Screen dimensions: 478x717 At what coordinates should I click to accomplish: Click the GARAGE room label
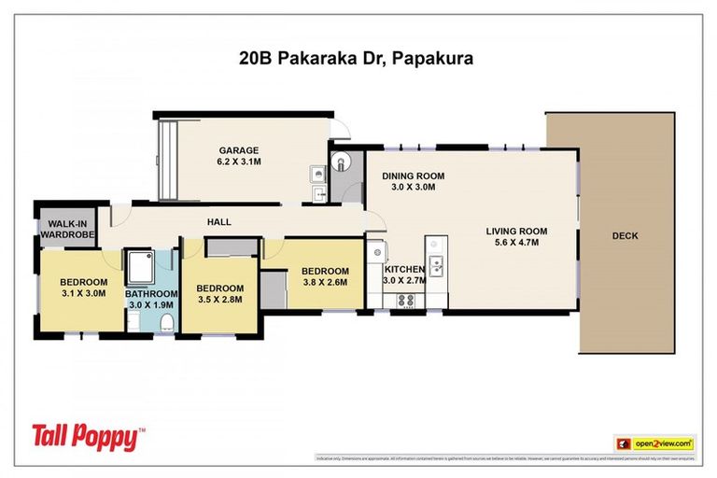coord(239,150)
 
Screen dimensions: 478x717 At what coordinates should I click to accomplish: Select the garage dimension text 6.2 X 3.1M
coord(239,162)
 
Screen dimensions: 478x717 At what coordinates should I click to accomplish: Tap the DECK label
coord(625,236)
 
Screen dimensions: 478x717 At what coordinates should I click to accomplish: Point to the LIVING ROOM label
coord(515,232)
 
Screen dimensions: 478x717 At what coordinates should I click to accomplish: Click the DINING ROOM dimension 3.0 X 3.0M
coord(412,187)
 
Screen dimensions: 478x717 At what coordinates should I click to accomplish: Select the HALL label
coord(219,222)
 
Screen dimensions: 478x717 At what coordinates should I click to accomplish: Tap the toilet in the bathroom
coord(167,322)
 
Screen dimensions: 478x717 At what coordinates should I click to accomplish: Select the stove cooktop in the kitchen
coord(407,300)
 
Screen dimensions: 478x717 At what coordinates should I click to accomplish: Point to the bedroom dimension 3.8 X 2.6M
coord(325,282)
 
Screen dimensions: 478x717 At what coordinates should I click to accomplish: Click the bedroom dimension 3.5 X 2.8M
coord(220,301)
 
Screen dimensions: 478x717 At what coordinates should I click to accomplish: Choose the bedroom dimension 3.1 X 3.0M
coord(84,295)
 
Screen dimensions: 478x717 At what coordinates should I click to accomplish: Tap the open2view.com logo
coord(654,443)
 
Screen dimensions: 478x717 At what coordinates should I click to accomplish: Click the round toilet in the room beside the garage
coord(342,162)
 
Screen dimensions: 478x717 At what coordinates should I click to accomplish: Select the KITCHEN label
coord(404,269)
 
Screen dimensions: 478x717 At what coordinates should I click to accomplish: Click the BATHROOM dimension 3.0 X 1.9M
coord(150,304)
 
